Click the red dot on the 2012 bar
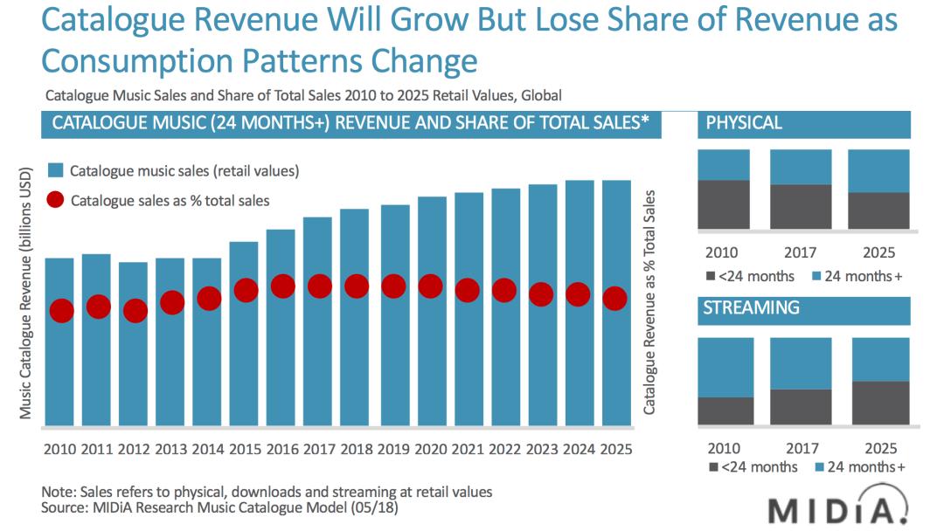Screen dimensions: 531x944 pyautogui.click(x=135, y=310)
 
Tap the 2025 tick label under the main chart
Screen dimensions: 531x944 pyautogui.click(x=615, y=449)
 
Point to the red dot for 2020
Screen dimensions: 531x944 pyautogui.click(x=429, y=286)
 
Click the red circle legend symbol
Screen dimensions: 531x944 pyautogui.click(x=55, y=200)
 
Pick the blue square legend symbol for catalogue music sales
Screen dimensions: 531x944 pyautogui.click(x=55, y=170)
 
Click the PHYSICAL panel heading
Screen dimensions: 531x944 pyautogui.click(x=744, y=123)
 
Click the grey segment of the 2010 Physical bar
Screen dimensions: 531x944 pyautogui.click(x=724, y=204)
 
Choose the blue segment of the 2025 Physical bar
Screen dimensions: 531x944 pyautogui.click(x=878, y=170)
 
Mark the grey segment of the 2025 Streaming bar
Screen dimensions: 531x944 pyautogui.click(x=878, y=403)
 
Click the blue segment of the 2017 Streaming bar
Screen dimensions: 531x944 pyautogui.click(x=801, y=363)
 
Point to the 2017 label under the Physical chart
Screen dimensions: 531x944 pyautogui.click(x=801, y=252)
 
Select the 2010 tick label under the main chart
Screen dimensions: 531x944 pyautogui.click(x=61, y=449)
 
